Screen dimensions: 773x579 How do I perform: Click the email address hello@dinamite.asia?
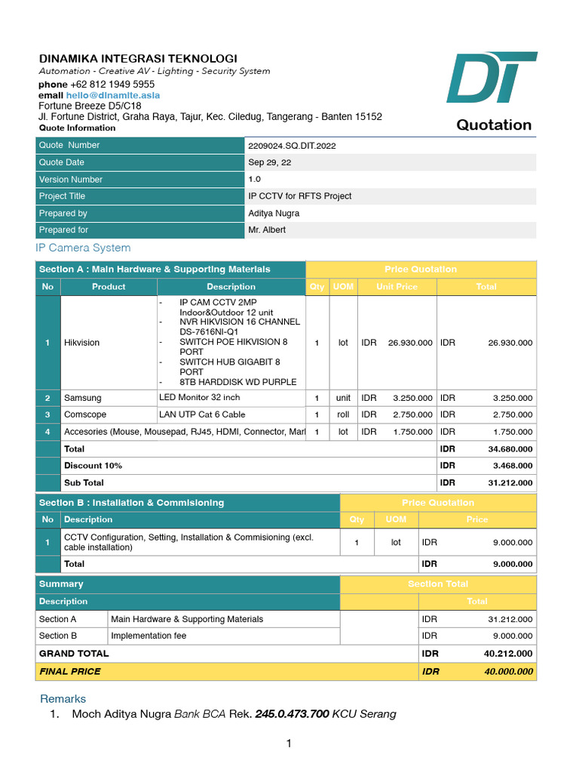coord(113,96)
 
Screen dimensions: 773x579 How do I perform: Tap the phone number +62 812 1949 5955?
coord(112,85)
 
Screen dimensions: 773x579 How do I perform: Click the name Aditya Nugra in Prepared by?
coord(274,214)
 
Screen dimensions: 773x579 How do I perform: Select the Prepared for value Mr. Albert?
coord(267,230)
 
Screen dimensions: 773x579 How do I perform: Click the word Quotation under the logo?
coord(494,125)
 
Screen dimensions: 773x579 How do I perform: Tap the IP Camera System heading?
coord(83,248)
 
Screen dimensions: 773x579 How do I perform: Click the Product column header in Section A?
coord(109,287)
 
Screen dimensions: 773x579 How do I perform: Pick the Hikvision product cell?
coord(81,343)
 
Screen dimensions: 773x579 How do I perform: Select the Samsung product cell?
coord(82,398)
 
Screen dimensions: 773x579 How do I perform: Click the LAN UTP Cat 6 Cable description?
coord(201,414)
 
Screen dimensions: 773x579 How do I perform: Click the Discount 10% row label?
coord(93,466)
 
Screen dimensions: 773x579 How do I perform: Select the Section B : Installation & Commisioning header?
coord(131,503)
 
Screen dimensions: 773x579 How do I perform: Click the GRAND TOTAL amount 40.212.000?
coord(508,654)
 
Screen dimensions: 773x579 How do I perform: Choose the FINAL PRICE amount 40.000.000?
coord(508,671)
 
